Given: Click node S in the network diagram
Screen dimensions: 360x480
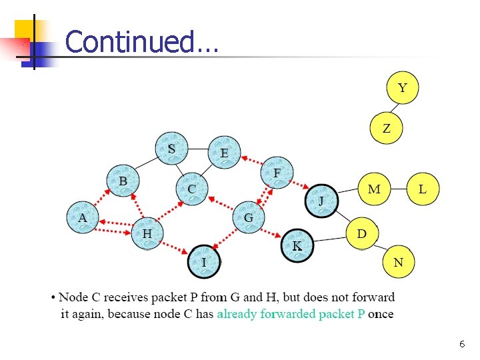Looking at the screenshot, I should tap(171, 149).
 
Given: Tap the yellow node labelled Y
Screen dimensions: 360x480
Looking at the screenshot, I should tap(403, 88).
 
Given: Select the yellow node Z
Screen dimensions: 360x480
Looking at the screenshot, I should tap(387, 128).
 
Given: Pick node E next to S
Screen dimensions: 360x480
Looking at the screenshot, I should tap(225, 153).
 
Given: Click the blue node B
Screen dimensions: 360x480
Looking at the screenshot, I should tap(123, 181).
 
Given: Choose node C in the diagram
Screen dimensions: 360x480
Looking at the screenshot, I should tap(192, 189).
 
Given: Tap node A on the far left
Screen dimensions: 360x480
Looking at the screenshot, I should tap(83, 217).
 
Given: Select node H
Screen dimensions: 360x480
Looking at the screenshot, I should tap(147, 233).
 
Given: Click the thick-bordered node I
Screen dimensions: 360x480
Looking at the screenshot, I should tap(204, 262).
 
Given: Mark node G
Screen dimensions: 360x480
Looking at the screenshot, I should tap(249, 217).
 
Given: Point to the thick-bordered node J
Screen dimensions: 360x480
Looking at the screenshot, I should tap(321, 201).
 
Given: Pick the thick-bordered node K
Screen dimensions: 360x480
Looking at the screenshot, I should tap(297, 246).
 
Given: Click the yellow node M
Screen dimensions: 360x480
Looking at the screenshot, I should tap(375, 189).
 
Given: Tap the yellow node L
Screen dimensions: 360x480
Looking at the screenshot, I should tap(423, 189).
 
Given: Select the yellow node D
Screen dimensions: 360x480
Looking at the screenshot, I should tap(362, 233).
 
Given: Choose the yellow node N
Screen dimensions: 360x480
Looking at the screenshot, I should tap(398, 262).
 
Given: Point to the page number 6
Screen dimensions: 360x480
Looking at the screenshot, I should tap(462, 344).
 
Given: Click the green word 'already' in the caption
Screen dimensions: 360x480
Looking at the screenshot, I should tap(237, 313).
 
